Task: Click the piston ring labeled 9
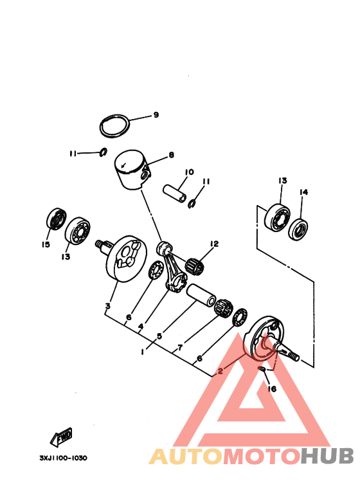coord(101,127)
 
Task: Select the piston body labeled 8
coord(132,170)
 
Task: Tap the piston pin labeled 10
coord(175,193)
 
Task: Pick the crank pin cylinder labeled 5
coord(201,295)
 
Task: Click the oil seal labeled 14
coord(298,229)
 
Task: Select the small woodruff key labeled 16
coord(262,369)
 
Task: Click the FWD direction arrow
coord(61,437)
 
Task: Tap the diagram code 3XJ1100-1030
coord(63,458)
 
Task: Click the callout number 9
coord(156,114)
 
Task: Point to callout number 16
coord(272,388)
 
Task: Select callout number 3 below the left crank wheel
coord(108,306)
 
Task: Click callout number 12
coord(214,244)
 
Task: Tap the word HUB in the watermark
coord(327,456)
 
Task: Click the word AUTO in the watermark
coord(186,456)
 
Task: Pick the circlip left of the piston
coord(104,152)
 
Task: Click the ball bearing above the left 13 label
coord(77,231)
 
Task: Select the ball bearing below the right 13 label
coord(277,217)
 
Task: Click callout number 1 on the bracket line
coord(143,352)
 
